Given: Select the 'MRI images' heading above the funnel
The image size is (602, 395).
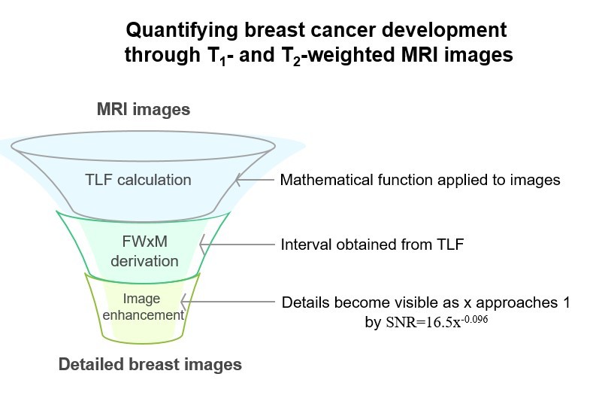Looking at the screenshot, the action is pyautogui.click(x=144, y=109).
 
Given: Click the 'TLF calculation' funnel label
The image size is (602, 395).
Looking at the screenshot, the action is pyautogui.click(x=138, y=180).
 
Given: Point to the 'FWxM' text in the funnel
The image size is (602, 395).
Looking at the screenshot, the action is pyautogui.click(x=145, y=242).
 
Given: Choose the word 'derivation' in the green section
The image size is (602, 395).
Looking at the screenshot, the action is pyautogui.click(x=145, y=261).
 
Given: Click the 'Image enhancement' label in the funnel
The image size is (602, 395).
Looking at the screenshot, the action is pyautogui.click(x=143, y=307).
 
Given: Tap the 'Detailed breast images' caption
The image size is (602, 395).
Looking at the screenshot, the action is pyautogui.click(x=150, y=364).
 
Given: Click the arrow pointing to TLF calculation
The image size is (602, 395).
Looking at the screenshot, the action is pyautogui.click(x=255, y=179).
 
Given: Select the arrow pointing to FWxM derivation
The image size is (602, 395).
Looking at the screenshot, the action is pyautogui.click(x=237, y=245).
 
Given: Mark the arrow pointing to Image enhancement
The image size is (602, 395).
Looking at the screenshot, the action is pyautogui.click(x=228, y=302).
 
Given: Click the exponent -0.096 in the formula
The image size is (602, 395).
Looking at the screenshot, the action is pyautogui.click(x=474, y=318).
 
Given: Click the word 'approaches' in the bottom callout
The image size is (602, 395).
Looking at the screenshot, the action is pyautogui.click(x=517, y=303).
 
